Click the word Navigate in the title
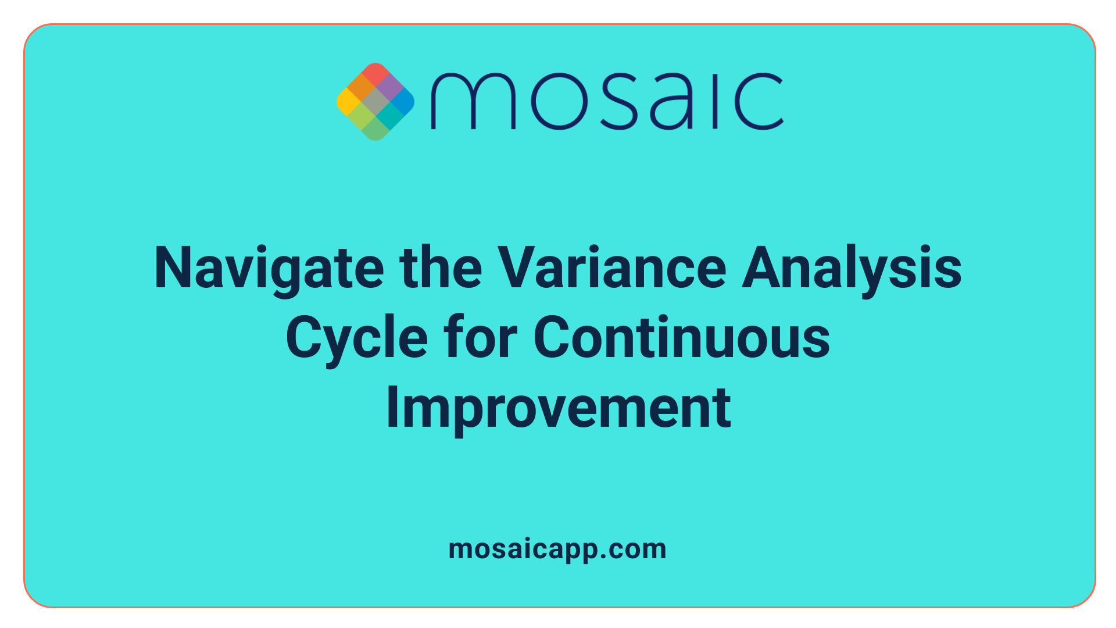click(269, 268)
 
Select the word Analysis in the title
click(852, 268)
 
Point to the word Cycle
click(356, 338)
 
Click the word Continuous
click(681, 338)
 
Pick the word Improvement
click(558, 408)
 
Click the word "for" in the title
click(480, 338)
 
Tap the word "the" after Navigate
click(441, 268)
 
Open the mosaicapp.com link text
click(557, 549)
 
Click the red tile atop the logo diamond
click(375, 74)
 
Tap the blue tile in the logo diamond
click(403, 102)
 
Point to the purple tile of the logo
click(389, 88)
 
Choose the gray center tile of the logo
click(375, 102)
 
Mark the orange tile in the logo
click(362, 88)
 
